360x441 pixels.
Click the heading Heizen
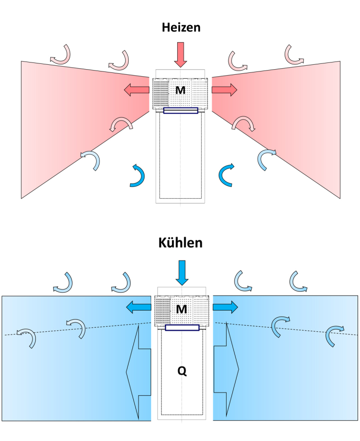tap(181, 27)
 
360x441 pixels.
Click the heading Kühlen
tap(180, 243)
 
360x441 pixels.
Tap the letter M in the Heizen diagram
tap(180, 90)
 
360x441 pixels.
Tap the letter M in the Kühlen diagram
tap(181, 309)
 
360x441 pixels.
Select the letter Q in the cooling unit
tap(182, 371)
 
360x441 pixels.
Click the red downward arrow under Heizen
tap(180, 55)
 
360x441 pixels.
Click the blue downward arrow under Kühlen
tap(182, 273)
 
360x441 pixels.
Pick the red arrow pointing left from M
tap(136, 90)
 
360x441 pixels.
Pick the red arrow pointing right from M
tap(225, 90)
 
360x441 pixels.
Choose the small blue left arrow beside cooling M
tap(139, 307)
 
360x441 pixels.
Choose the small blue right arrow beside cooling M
tap(225, 307)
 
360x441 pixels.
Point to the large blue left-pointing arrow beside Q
tap(139, 372)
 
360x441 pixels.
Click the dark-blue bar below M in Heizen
tap(181, 111)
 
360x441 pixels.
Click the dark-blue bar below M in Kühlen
tap(182, 328)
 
